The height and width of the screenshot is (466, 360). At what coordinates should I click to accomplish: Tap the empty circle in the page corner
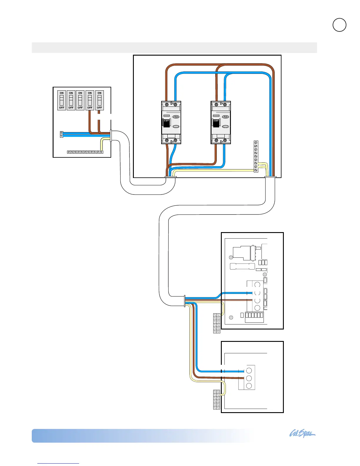coord(339,25)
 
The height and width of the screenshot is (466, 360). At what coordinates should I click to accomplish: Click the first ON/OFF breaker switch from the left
coord(61,100)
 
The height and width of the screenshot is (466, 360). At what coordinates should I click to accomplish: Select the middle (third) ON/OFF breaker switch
coord(80,100)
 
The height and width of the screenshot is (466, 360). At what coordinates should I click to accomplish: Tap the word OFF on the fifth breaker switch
coord(99,108)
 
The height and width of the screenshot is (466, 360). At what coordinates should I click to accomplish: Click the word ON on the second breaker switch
coord(71,93)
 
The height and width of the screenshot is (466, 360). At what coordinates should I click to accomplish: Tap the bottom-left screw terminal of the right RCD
coord(216,141)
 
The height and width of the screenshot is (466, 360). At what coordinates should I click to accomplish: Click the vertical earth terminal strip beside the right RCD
coord(256,156)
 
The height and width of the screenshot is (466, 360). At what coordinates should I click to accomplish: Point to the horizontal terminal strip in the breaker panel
coord(85,152)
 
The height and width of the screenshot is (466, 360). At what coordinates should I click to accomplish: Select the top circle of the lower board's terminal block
coord(249,370)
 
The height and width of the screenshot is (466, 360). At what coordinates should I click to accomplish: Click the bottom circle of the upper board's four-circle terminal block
coord(257,308)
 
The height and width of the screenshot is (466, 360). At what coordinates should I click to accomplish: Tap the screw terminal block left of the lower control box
coord(216,399)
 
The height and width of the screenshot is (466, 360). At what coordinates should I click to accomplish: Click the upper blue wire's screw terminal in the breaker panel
coord(61,133)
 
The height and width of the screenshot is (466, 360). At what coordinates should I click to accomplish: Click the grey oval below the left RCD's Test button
coord(176,127)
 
